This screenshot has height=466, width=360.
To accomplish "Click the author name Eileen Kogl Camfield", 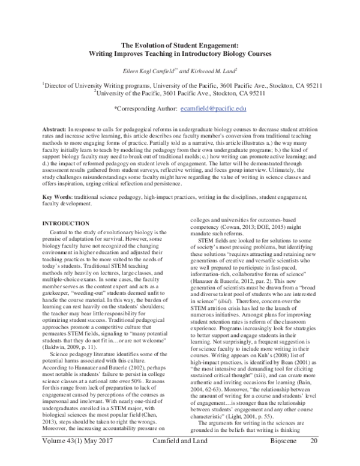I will coord(143,70).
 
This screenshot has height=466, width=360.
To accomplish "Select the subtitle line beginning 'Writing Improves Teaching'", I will coord(179,53).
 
